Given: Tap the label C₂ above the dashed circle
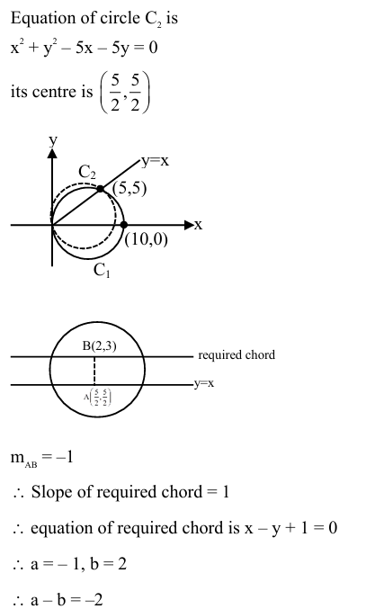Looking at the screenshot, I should (x=88, y=172).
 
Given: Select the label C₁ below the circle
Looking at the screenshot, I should (x=102, y=270).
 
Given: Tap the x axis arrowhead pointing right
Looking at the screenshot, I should (x=188, y=224).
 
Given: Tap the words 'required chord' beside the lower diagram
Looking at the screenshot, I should (x=237, y=355).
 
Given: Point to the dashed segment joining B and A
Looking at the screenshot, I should (x=95, y=370).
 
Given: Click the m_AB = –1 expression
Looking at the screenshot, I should (x=43, y=458).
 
